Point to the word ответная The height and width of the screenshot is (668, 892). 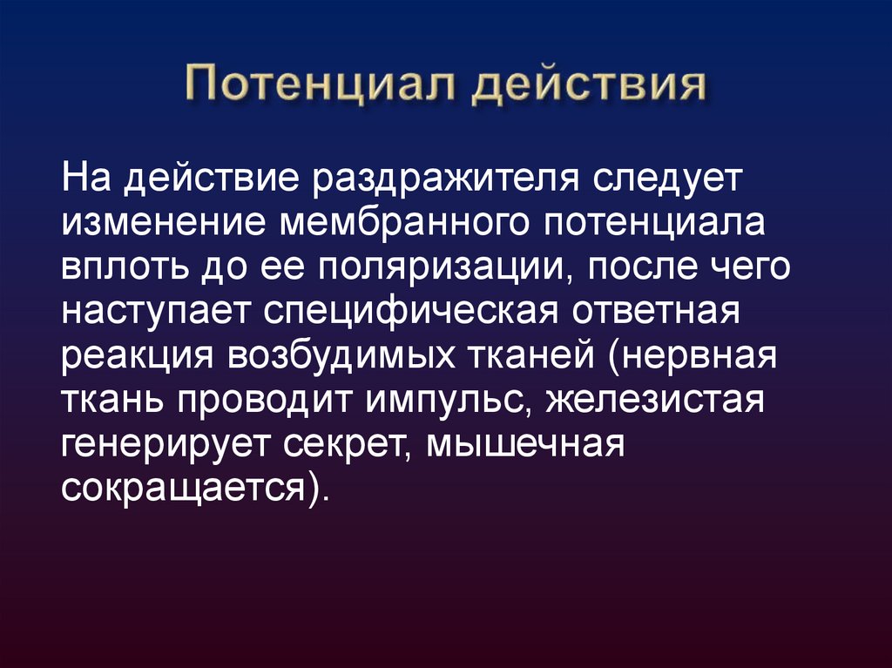pos(661,311)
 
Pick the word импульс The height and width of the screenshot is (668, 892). pos(442,402)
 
